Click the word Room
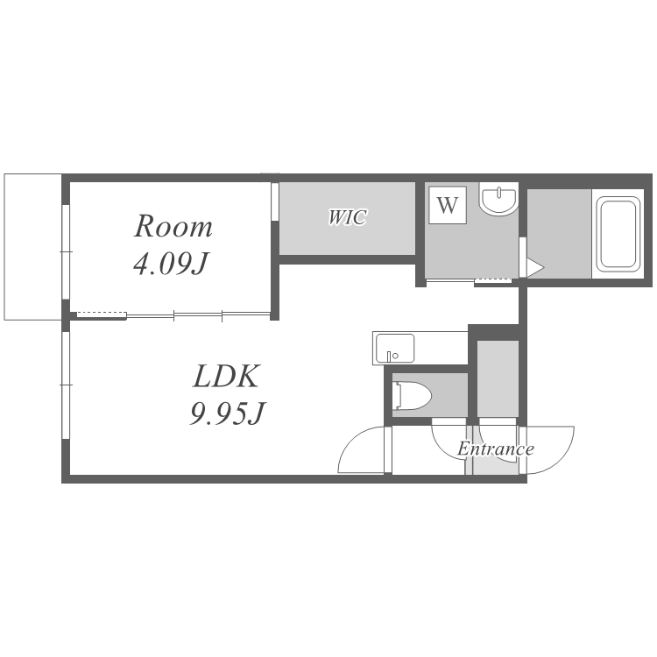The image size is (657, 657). coord(173,227)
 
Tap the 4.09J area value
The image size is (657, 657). coord(171,264)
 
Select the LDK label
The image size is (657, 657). coord(227,376)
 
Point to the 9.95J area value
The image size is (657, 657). coord(228,413)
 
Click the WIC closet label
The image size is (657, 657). coord(348,217)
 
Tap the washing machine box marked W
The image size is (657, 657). coord(448,205)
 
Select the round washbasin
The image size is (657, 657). coord(498,201)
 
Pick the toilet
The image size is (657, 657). coord(412,395)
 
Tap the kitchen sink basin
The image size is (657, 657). coord(395,349)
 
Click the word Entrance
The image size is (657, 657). coord(496,449)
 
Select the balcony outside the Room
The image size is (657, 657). coord(32,247)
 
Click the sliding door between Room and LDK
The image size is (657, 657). coord(173,315)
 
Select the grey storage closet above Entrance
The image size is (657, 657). coord(498,379)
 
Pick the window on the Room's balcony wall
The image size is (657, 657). coord(66,251)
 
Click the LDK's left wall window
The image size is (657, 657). coord(66,385)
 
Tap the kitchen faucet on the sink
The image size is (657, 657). coord(390,357)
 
